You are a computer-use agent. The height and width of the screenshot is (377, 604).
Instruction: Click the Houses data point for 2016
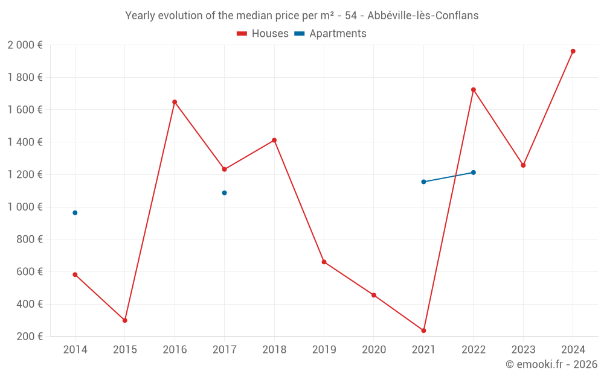point(175,102)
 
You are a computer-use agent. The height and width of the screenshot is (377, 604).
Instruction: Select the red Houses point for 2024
point(573,51)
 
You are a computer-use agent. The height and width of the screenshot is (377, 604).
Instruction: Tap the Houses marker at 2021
point(423,331)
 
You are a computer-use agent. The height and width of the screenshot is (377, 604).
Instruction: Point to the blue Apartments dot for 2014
point(75,213)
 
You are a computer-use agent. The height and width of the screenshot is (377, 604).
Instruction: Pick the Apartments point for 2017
point(224,193)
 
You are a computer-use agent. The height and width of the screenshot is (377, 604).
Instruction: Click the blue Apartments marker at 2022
point(474,173)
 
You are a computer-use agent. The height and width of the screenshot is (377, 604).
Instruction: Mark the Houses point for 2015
point(125,320)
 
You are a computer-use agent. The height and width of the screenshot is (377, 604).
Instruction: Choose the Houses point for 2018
point(274,141)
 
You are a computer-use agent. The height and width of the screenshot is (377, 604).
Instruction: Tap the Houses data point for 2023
point(523,165)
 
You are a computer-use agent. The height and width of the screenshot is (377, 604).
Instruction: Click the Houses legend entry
point(263,34)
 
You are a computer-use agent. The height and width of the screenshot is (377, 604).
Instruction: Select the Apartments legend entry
point(330,34)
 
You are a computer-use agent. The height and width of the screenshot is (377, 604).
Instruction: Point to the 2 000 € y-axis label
point(25,45)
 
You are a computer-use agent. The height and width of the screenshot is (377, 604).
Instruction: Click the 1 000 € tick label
point(25,207)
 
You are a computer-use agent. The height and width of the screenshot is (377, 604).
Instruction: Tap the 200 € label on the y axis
point(29,337)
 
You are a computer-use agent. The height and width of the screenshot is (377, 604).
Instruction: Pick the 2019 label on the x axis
point(324,350)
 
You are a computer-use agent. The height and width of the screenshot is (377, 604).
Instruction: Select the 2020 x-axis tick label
point(374,350)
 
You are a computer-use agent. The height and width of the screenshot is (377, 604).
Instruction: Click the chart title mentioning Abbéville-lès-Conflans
point(302,16)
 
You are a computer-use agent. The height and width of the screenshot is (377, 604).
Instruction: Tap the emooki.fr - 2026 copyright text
point(551,364)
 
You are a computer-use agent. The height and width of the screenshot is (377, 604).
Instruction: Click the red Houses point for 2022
point(474,90)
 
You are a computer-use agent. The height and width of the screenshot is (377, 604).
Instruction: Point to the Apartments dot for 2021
point(423,182)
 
